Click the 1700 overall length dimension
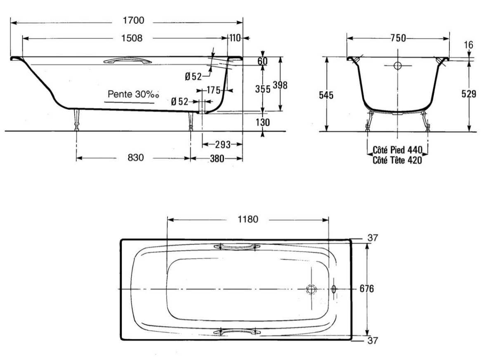(x=133, y=20)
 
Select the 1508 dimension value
(x=132, y=38)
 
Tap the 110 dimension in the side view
(x=235, y=38)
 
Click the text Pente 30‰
(x=134, y=94)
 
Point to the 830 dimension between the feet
(x=135, y=158)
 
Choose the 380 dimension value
(x=217, y=159)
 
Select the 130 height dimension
(x=263, y=122)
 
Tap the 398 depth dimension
(x=280, y=85)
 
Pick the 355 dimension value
(x=263, y=89)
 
